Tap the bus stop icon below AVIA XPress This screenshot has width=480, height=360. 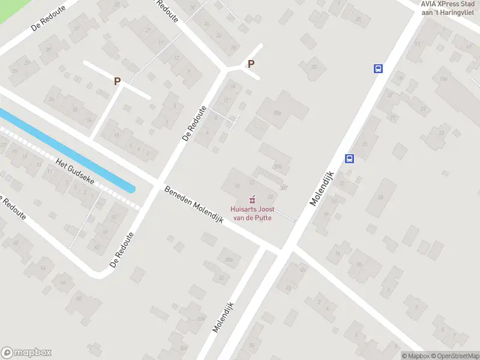tap(379, 68)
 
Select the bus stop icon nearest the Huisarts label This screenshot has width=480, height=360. tap(349, 158)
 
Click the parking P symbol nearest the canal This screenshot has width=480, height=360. tap(118, 81)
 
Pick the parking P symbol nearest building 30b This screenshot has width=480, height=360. tap(251, 64)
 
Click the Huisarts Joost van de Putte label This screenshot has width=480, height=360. tap(251, 214)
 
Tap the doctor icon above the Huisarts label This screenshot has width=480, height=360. tap(251, 198)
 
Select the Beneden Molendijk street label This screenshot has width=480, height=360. tap(194, 204)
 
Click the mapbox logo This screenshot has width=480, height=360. tap(26, 353)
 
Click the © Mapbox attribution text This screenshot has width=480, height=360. tap(415, 356)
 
